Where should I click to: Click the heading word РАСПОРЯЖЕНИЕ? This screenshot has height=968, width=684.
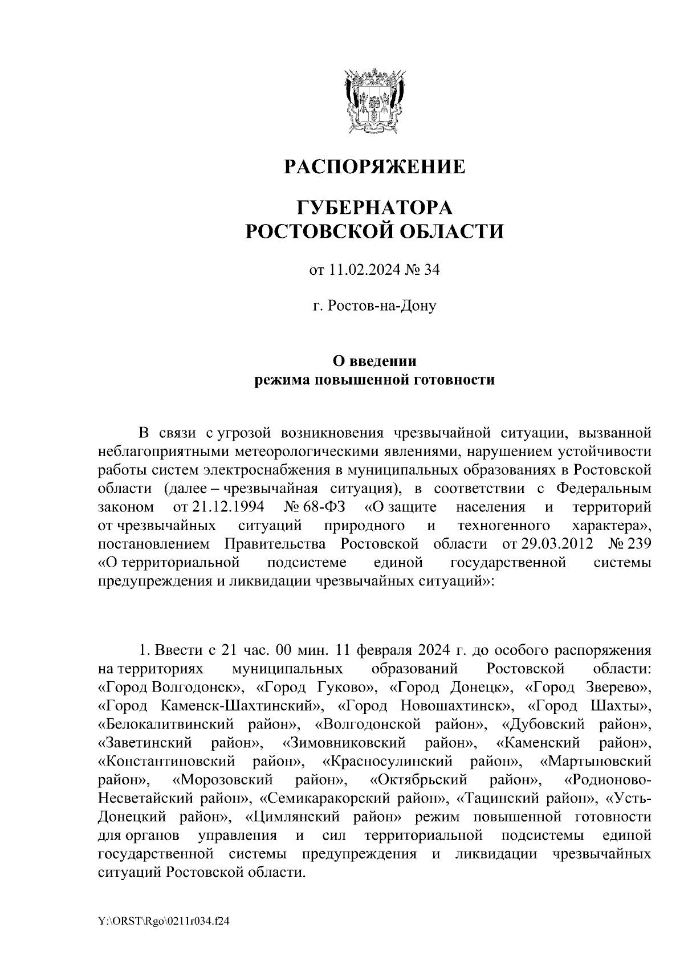pyautogui.click(x=374, y=167)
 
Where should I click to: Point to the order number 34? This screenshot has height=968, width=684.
pyautogui.click(x=431, y=271)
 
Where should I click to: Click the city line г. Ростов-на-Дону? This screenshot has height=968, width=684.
pyautogui.click(x=374, y=306)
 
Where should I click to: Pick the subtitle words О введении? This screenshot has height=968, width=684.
pyautogui.click(x=374, y=361)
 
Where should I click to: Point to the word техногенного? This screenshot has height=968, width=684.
pyautogui.click(x=503, y=525)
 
